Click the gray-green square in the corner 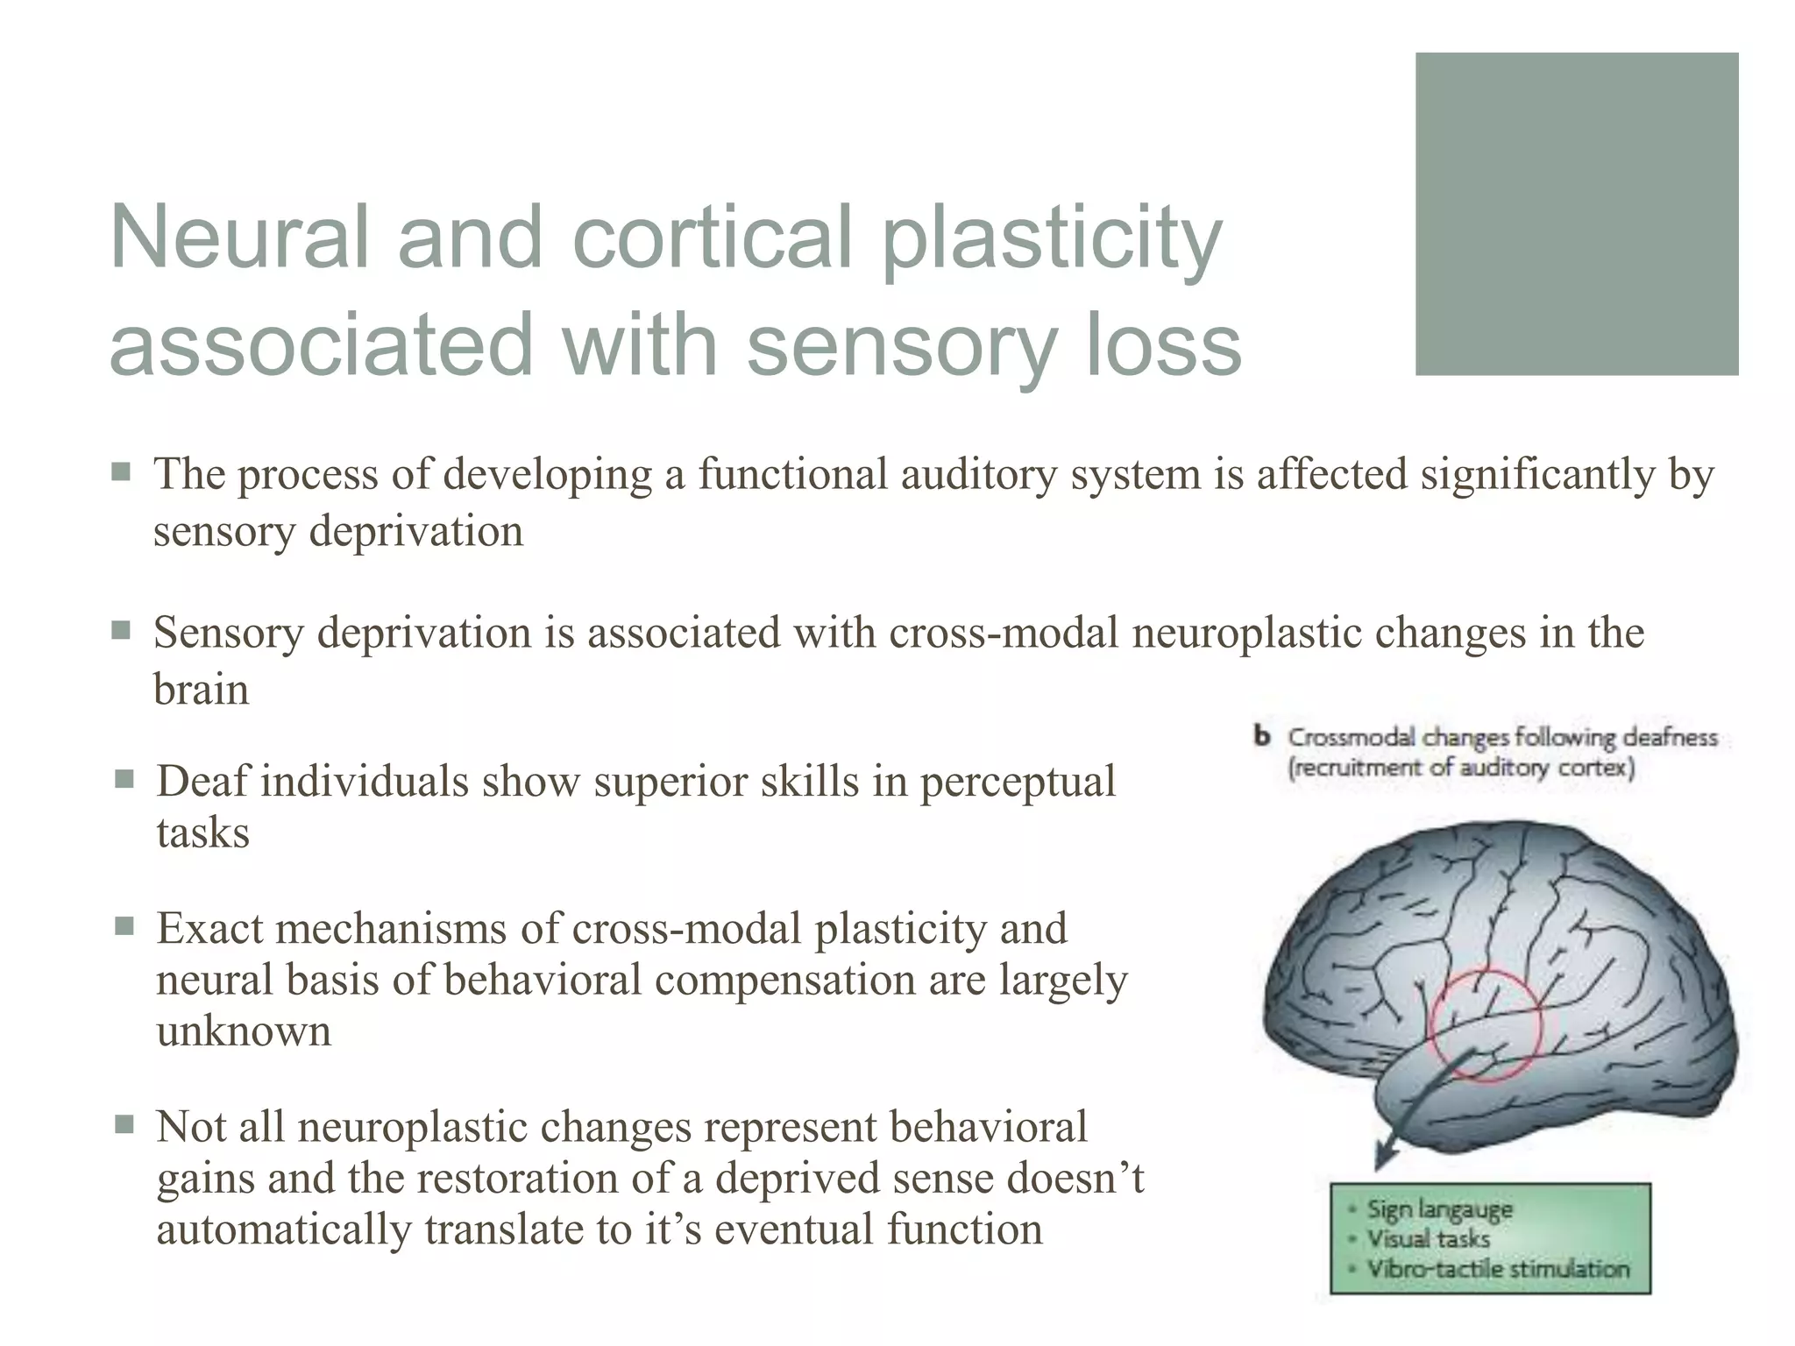click(x=1576, y=214)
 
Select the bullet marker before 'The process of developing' click(x=121, y=473)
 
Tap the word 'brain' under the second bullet click(x=201, y=690)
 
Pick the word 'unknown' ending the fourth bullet click(x=244, y=1031)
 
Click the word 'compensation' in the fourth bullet click(x=784, y=980)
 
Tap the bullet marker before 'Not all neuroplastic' click(x=124, y=1124)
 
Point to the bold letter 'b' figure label click(x=1262, y=737)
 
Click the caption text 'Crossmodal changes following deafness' click(x=1501, y=738)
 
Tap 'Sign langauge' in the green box click(x=1439, y=1210)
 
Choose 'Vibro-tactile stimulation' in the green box click(x=1497, y=1268)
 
